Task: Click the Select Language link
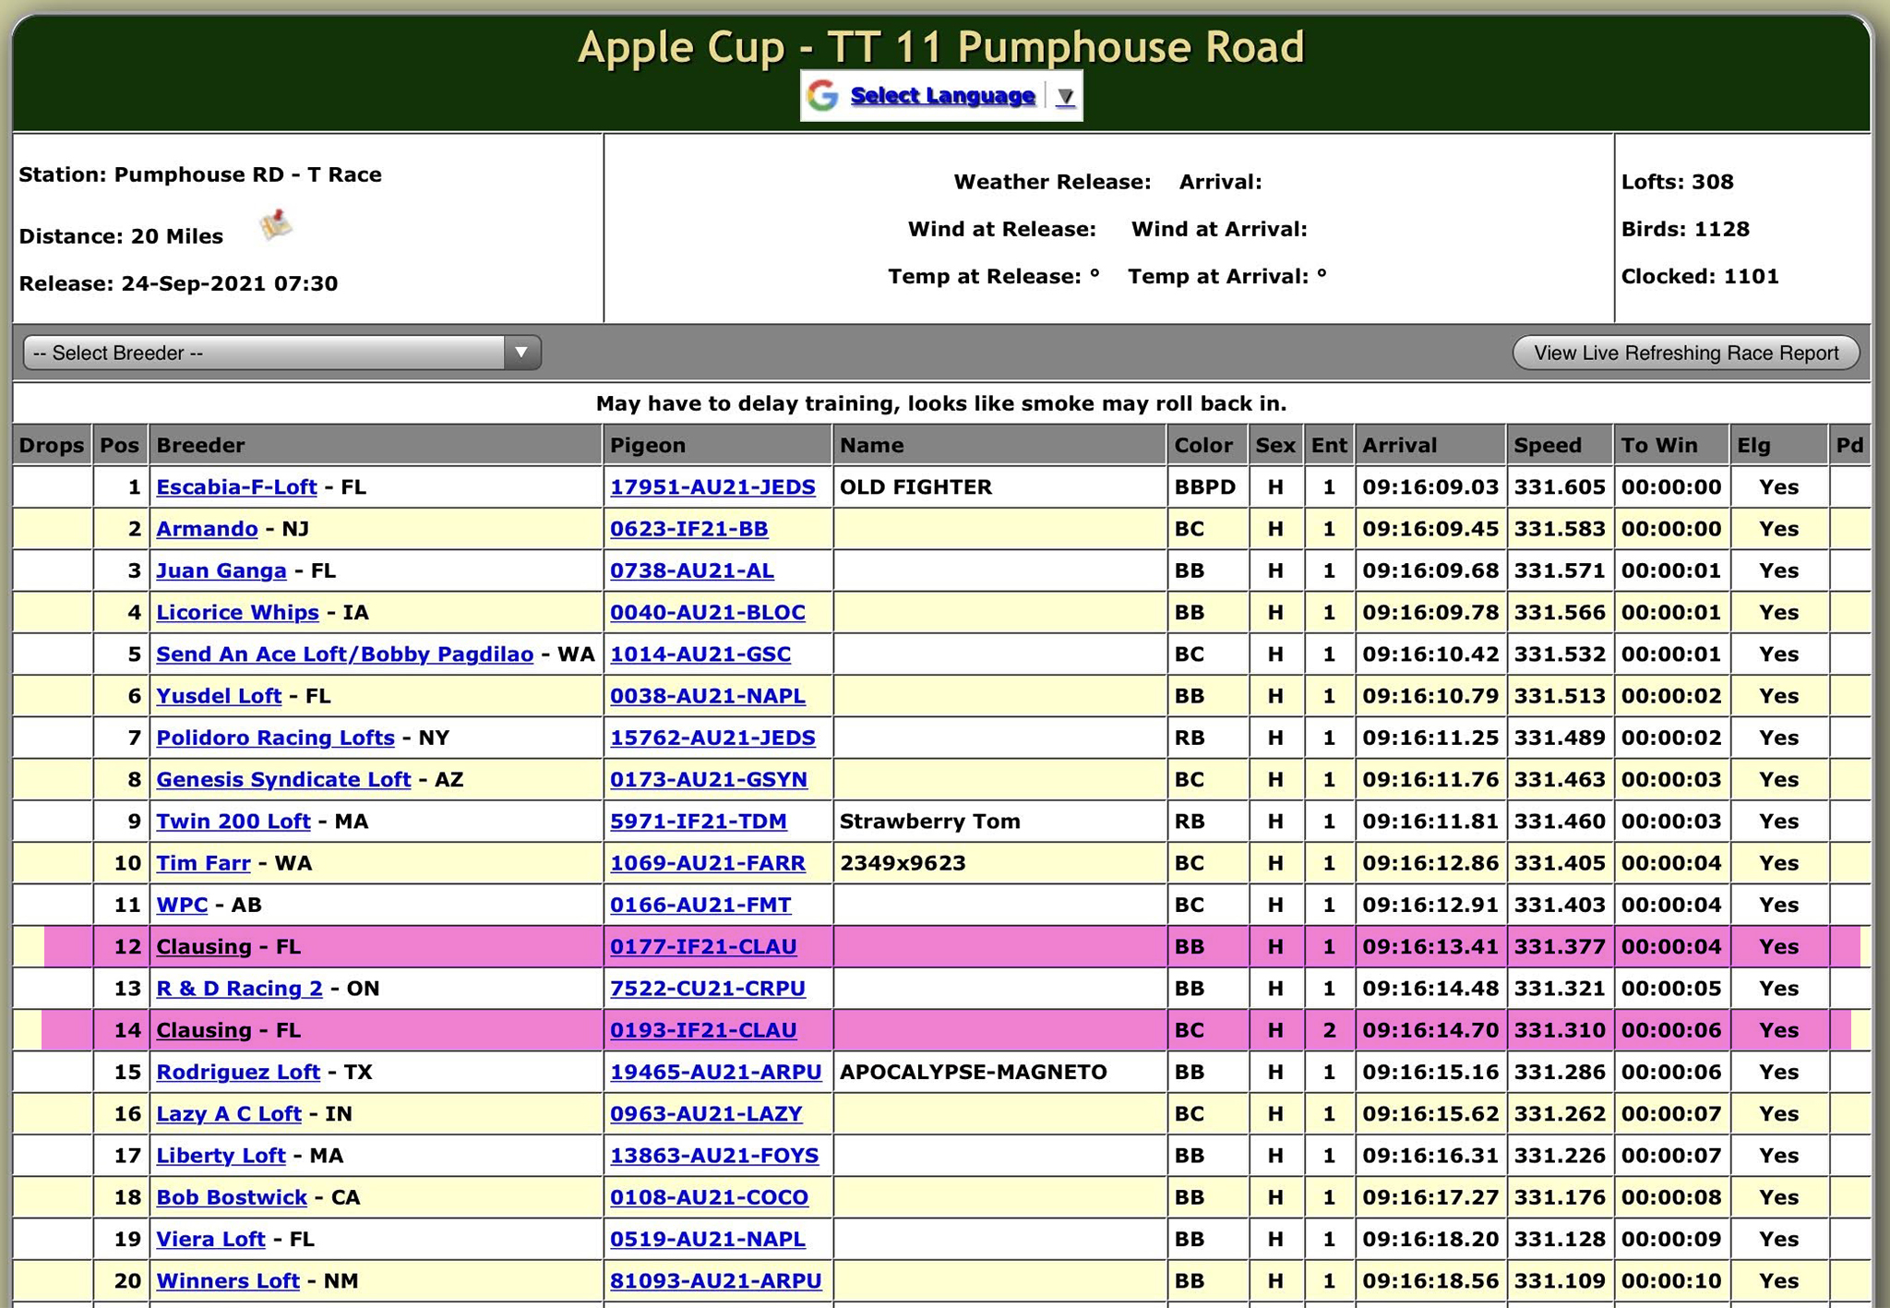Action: [941, 95]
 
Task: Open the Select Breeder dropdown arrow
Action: [521, 353]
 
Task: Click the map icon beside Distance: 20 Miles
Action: [275, 225]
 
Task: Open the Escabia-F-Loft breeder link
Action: [236, 486]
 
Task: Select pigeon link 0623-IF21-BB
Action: [688, 529]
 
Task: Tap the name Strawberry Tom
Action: [929, 822]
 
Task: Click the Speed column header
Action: [1548, 445]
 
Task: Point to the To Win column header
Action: [1658, 445]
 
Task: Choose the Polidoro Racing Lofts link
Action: [275, 738]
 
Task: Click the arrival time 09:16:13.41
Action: [1429, 946]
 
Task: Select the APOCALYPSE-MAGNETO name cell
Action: [973, 1072]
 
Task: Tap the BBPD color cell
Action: [1204, 486]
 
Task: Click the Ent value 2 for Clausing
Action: [1329, 1030]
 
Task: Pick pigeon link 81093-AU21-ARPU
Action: [715, 1280]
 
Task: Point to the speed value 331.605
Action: [1559, 486]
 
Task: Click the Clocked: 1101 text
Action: [1699, 276]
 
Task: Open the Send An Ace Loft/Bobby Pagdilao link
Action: [344, 654]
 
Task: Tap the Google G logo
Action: [822, 95]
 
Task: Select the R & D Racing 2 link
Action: [239, 989]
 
